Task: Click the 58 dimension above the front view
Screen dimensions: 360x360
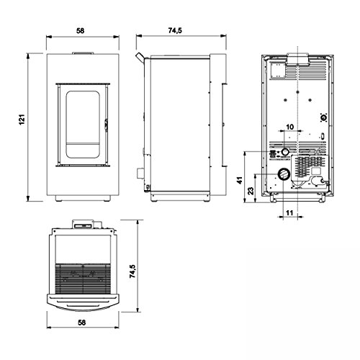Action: tap(81, 31)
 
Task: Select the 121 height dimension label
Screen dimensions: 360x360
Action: tap(22, 120)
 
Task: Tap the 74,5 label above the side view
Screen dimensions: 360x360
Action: tap(175, 31)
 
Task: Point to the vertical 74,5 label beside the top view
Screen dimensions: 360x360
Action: tap(132, 271)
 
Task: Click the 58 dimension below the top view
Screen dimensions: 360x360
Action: tap(82, 323)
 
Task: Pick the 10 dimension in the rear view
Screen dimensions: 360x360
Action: tap(290, 127)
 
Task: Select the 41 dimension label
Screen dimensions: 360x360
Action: tap(240, 180)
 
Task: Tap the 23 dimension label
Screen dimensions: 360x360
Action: tap(251, 191)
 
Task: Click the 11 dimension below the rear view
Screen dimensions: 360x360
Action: tap(289, 212)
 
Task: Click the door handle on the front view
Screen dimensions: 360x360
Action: tap(106, 125)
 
